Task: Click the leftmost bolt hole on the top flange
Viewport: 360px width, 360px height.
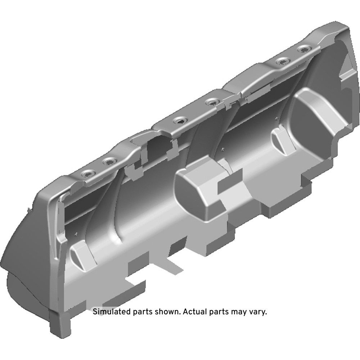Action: tap(88, 174)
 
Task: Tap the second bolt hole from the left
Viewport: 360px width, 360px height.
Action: tap(109, 162)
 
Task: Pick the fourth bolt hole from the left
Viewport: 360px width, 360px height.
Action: tap(212, 102)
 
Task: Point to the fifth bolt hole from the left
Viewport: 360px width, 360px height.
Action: tap(283, 61)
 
